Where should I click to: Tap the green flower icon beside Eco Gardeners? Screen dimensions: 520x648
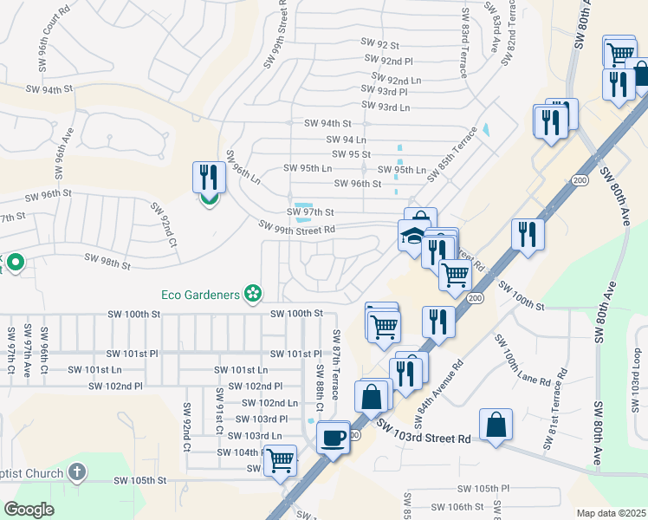(253, 295)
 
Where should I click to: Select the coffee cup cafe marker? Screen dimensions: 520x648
(333, 437)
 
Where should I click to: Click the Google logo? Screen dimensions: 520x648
(29, 510)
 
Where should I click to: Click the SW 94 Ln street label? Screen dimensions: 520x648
(346, 139)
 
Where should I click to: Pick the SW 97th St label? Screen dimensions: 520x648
(310, 211)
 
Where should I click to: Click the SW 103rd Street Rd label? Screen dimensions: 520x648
(423, 432)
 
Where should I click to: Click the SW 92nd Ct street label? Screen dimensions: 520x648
(164, 224)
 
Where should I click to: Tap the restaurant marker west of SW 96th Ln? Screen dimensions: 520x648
(208, 179)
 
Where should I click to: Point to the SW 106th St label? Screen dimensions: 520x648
(459, 506)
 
